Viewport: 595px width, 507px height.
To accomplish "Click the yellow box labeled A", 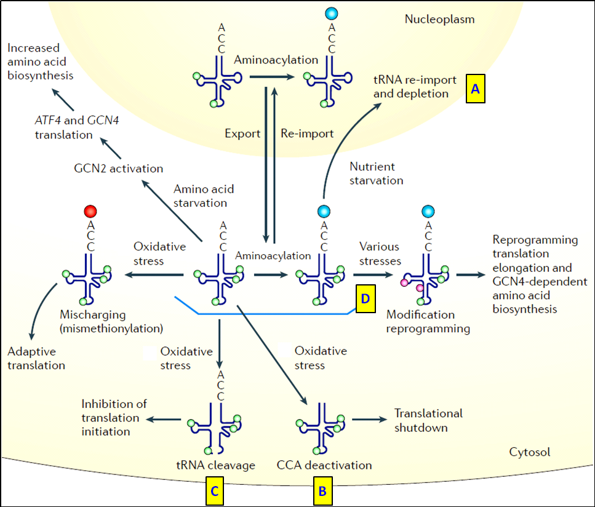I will tap(476, 89).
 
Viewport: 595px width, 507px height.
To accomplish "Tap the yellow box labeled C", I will tap(213, 490).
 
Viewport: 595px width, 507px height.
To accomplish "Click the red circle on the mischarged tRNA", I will tap(90, 212).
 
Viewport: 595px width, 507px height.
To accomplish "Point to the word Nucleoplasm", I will tap(439, 19).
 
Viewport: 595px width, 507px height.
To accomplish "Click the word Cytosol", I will tap(530, 452).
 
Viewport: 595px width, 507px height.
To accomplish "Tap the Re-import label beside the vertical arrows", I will tap(307, 134).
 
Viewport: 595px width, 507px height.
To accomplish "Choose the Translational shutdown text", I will tap(428, 420).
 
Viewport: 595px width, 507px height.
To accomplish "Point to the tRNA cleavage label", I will tap(216, 465).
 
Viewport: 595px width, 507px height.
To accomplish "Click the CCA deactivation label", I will tap(325, 465).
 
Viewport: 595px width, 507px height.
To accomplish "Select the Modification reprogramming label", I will tap(428, 321).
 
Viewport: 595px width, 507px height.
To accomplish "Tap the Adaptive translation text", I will tap(36, 358).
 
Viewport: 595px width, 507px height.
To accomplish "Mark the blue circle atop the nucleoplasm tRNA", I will tap(332, 13).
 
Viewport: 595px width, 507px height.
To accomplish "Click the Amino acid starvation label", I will tap(201, 196).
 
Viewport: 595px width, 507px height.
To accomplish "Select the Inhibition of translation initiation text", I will tap(114, 418).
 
